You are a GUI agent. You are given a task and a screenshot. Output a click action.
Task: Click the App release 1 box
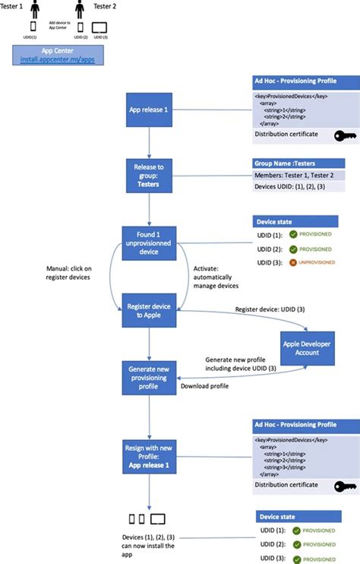pos(149,109)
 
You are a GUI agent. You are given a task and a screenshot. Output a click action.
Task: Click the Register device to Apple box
pos(149,311)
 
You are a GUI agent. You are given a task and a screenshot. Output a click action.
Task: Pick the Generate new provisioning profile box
pos(149,378)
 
